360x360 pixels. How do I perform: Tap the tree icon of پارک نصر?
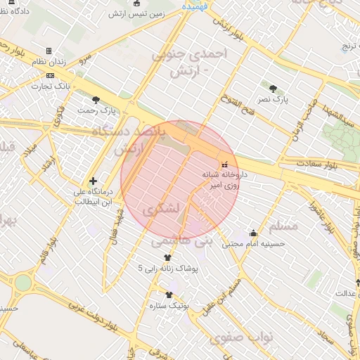click(274, 88)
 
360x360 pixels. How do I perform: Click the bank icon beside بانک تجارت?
click(49, 75)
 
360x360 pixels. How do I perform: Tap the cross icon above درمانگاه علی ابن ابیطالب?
click(93, 181)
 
